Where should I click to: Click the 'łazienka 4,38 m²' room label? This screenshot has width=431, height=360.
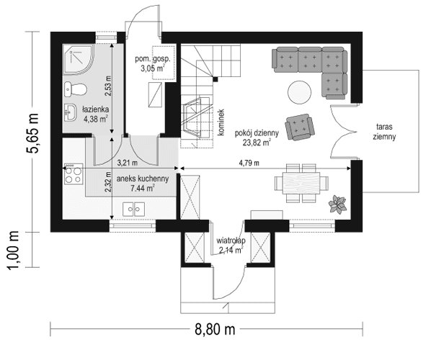(94, 114)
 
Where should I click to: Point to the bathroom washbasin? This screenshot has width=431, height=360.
(71, 112)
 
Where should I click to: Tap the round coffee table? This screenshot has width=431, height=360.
(298, 91)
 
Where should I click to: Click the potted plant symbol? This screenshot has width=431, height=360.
(337, 205)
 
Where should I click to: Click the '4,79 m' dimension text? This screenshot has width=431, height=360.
(270, 163)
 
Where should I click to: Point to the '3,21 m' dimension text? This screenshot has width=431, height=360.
(127, 163)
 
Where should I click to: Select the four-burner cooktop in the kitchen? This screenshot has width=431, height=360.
(73, 174)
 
